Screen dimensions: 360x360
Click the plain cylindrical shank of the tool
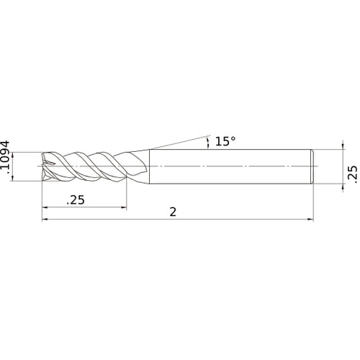pos(230,167)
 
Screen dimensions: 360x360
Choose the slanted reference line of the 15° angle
pos(180,141)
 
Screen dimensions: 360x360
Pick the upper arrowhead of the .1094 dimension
pos(20,154)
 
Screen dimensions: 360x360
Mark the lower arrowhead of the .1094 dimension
pos(20,180)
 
